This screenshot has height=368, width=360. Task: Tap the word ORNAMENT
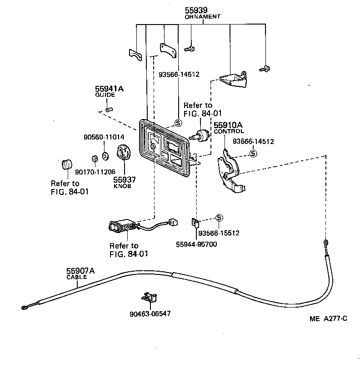202,16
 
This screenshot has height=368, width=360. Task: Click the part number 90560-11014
104,136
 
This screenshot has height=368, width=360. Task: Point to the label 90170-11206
95,171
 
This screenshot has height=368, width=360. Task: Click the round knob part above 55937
124,152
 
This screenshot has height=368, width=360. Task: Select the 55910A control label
229,125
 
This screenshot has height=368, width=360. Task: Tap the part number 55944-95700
196,244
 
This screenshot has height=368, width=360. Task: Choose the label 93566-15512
219,233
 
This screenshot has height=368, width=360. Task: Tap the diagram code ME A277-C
329,318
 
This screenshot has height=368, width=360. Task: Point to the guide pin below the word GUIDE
108,109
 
